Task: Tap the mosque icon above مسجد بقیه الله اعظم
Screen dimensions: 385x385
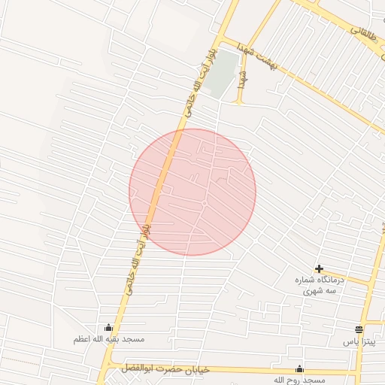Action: (108, 328)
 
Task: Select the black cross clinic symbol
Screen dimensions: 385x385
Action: (320, 268)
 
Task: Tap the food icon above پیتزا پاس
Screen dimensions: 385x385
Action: (359, 329)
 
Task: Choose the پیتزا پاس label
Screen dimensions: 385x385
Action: (359, 341)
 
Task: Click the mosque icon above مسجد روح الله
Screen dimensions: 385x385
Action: (299, 368)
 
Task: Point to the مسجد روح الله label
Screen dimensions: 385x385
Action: (299, 380)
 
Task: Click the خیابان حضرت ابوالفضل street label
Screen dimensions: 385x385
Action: (161, 368)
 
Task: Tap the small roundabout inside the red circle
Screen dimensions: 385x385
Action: (204, 204)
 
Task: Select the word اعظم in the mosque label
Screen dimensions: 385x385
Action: (82, 339)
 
